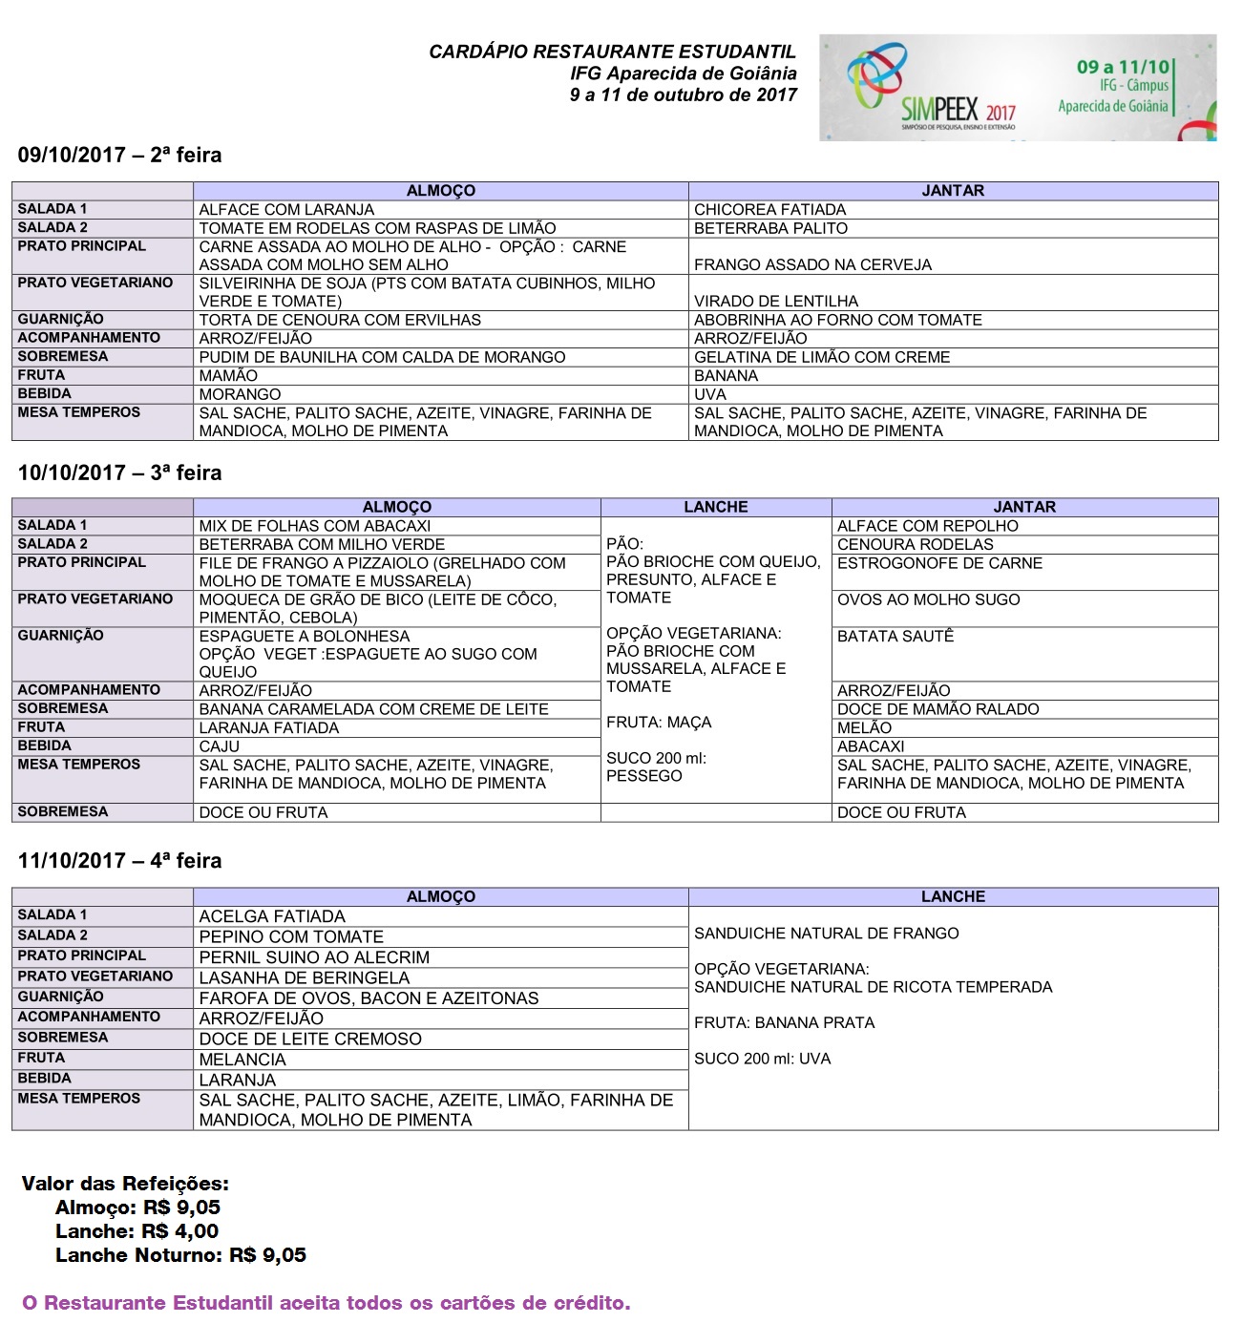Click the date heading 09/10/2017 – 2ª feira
tap(119, 156)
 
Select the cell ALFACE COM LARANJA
tap(286, 209)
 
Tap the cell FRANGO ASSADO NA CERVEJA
tap(812, 264)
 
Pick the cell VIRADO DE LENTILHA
tap(775, 301)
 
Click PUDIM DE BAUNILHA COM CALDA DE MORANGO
tap(382, 357)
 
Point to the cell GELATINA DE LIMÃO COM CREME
tap(821, 357)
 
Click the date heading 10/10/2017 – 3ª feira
tap(119, 473)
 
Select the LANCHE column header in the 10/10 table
tap(715, 507)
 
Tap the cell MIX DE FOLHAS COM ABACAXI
tap(314, 526)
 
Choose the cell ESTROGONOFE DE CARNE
tap(939, 563)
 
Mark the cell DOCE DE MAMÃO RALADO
tap(938, 709)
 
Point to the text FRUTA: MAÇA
tap(659, 723)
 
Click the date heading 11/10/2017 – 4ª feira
tap(119, 861)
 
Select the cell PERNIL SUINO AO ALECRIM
tap(314, 957)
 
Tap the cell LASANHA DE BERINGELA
tap(304, 978)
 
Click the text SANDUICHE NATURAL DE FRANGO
tap(826, 934)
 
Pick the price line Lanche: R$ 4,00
tap(137, 1231)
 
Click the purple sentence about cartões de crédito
tap(326, 1303)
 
